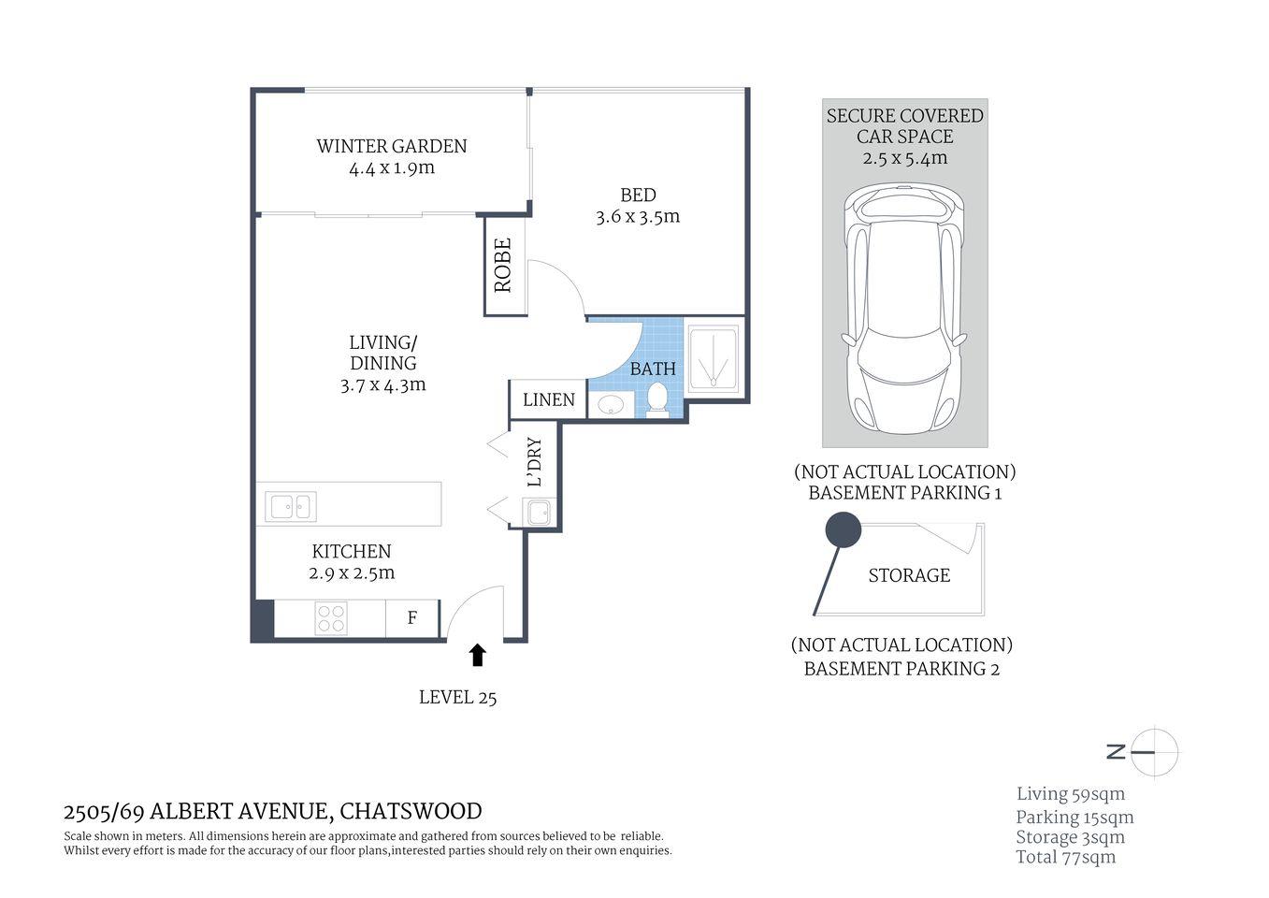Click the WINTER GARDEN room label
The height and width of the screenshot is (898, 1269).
pos(391,146)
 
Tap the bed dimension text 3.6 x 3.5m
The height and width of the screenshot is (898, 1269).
pos(638,217)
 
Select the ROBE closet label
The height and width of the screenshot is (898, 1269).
pos(503,266)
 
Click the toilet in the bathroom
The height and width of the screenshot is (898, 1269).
pos(657,397)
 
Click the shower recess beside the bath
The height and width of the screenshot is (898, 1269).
pos(714,358)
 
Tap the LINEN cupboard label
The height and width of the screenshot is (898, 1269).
pos(548,400)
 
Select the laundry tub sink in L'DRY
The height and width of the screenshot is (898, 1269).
pos(538,512)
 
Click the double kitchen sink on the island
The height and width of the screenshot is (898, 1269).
pos(290,506)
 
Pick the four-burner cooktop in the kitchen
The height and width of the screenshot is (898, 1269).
pos(331,618)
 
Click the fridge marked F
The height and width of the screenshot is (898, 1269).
pos(411,618)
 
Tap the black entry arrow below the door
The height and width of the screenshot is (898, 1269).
pos(478,655)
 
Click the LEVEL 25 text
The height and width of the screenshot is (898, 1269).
pos(457,697)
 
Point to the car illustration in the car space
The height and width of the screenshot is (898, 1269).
pos(904,309)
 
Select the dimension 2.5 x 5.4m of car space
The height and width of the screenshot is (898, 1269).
pos(904,158)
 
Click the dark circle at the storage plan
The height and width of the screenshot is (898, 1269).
pos(843,530)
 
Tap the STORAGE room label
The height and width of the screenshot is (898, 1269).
pos(908,575)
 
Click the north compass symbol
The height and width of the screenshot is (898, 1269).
pos(1153,751)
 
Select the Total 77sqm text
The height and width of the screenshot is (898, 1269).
pos(1065,857)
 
